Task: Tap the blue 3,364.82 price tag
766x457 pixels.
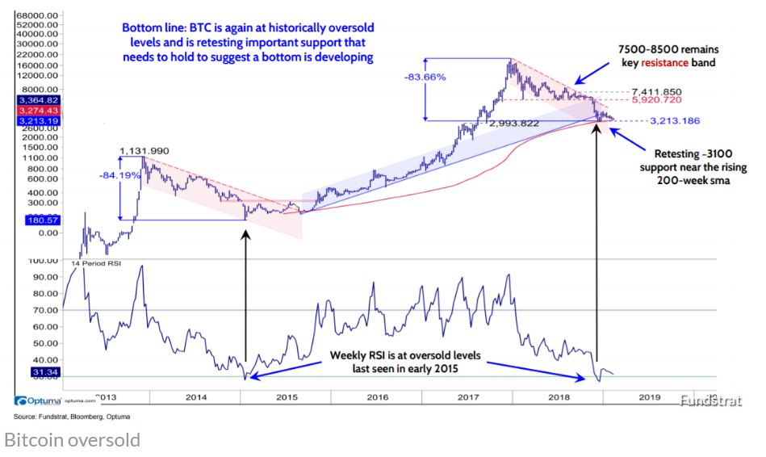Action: pyautogui.click(x=31, y=100)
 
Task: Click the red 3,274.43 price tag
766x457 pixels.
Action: pyautogui.click(x=31, y=110)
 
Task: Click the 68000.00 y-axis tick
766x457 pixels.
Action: pyautogui.click(x=36, y=15)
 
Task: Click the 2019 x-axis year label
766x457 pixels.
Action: pyautogui.click(x=650, y=397)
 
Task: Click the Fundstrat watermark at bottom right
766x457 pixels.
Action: pyautogui.click(x=709, y=400)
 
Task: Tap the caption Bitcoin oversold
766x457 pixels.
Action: pyautogui.click(x=73, y=440)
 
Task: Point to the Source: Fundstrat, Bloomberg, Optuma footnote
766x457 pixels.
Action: pyautogui.click(x=72, y=417)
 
